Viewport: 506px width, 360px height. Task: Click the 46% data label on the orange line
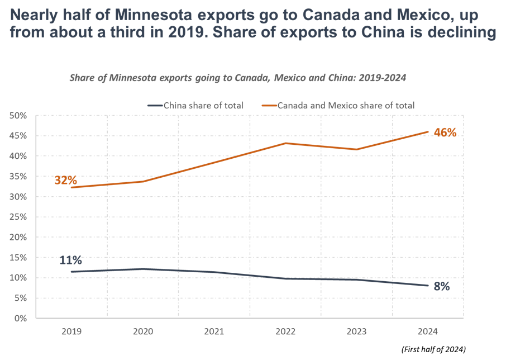point(446,132)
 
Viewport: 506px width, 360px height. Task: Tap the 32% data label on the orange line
point(65,180)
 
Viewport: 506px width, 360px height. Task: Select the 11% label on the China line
point(71,260)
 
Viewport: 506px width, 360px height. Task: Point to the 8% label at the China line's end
point(441,287)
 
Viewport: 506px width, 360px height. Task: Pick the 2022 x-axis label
point(285,331)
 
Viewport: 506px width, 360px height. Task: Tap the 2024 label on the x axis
point(428,331)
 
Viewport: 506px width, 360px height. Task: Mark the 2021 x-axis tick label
point(214,331)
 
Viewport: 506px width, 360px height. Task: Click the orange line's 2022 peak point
point(285,143)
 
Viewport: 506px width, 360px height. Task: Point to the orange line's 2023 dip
point(357,149)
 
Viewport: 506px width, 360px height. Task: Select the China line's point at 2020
point(142,269)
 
